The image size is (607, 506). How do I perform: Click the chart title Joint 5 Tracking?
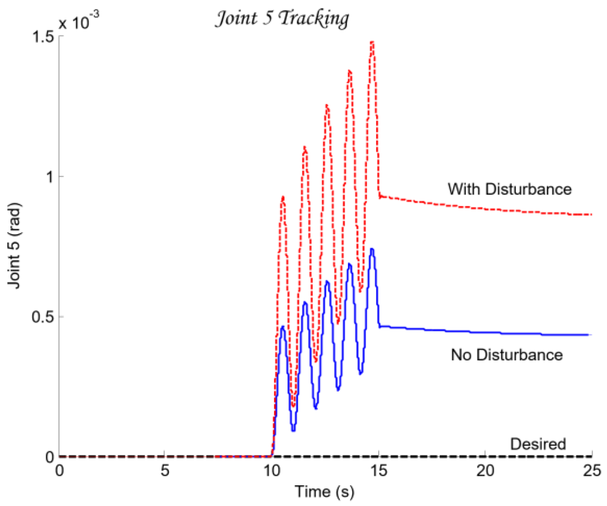click(282, 19)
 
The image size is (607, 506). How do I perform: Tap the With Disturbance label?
click(509, 189)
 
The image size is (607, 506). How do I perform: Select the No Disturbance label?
click(506, 354)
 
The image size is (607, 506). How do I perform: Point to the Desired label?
click(538, 444)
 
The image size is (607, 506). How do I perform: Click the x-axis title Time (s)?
click(324, 492)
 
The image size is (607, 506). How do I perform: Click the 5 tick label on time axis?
click(165, 470)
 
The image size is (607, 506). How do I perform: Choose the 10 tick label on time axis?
click(272, 470)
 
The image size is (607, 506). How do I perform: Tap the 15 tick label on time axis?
click(379, 470)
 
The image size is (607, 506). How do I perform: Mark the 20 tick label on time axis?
click(486, 470)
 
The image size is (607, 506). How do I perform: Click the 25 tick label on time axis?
click(592, 470)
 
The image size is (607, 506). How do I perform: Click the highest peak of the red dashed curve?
click(372, 43)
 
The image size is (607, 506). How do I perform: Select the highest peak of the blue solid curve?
click(372, 249)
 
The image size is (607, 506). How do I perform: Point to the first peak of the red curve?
click(283, 197)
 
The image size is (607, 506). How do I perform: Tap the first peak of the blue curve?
click(282, 327)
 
